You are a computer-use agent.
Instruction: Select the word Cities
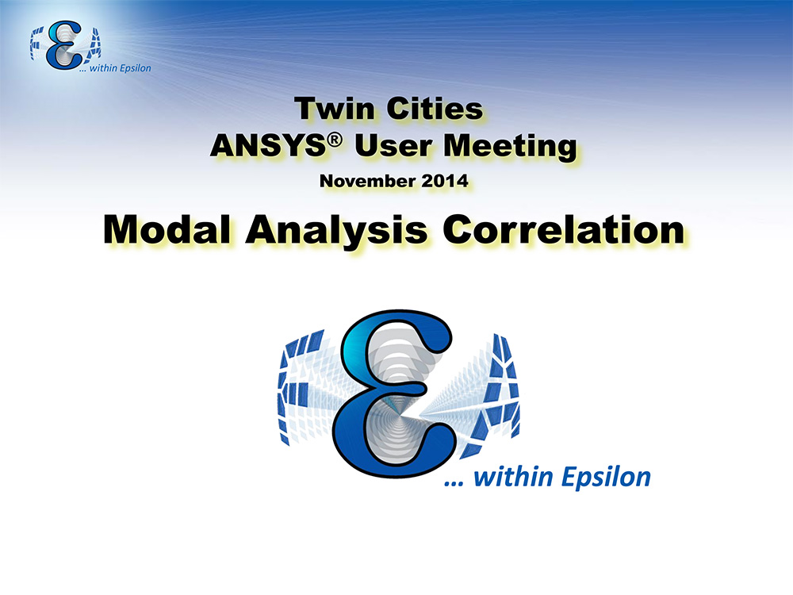pos(435,108)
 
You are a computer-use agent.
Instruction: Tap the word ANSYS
pos(268,146)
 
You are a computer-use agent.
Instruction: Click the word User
pos(394,146)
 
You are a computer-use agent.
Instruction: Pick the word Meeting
pos(510,148)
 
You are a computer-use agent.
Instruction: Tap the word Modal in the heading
pos(167,230)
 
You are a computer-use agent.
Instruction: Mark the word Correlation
pos(563,230)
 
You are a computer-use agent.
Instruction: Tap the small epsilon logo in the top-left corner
pos(64,45)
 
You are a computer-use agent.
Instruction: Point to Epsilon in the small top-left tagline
pos(135,68)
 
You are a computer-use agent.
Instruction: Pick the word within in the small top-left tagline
pos(103,67)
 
